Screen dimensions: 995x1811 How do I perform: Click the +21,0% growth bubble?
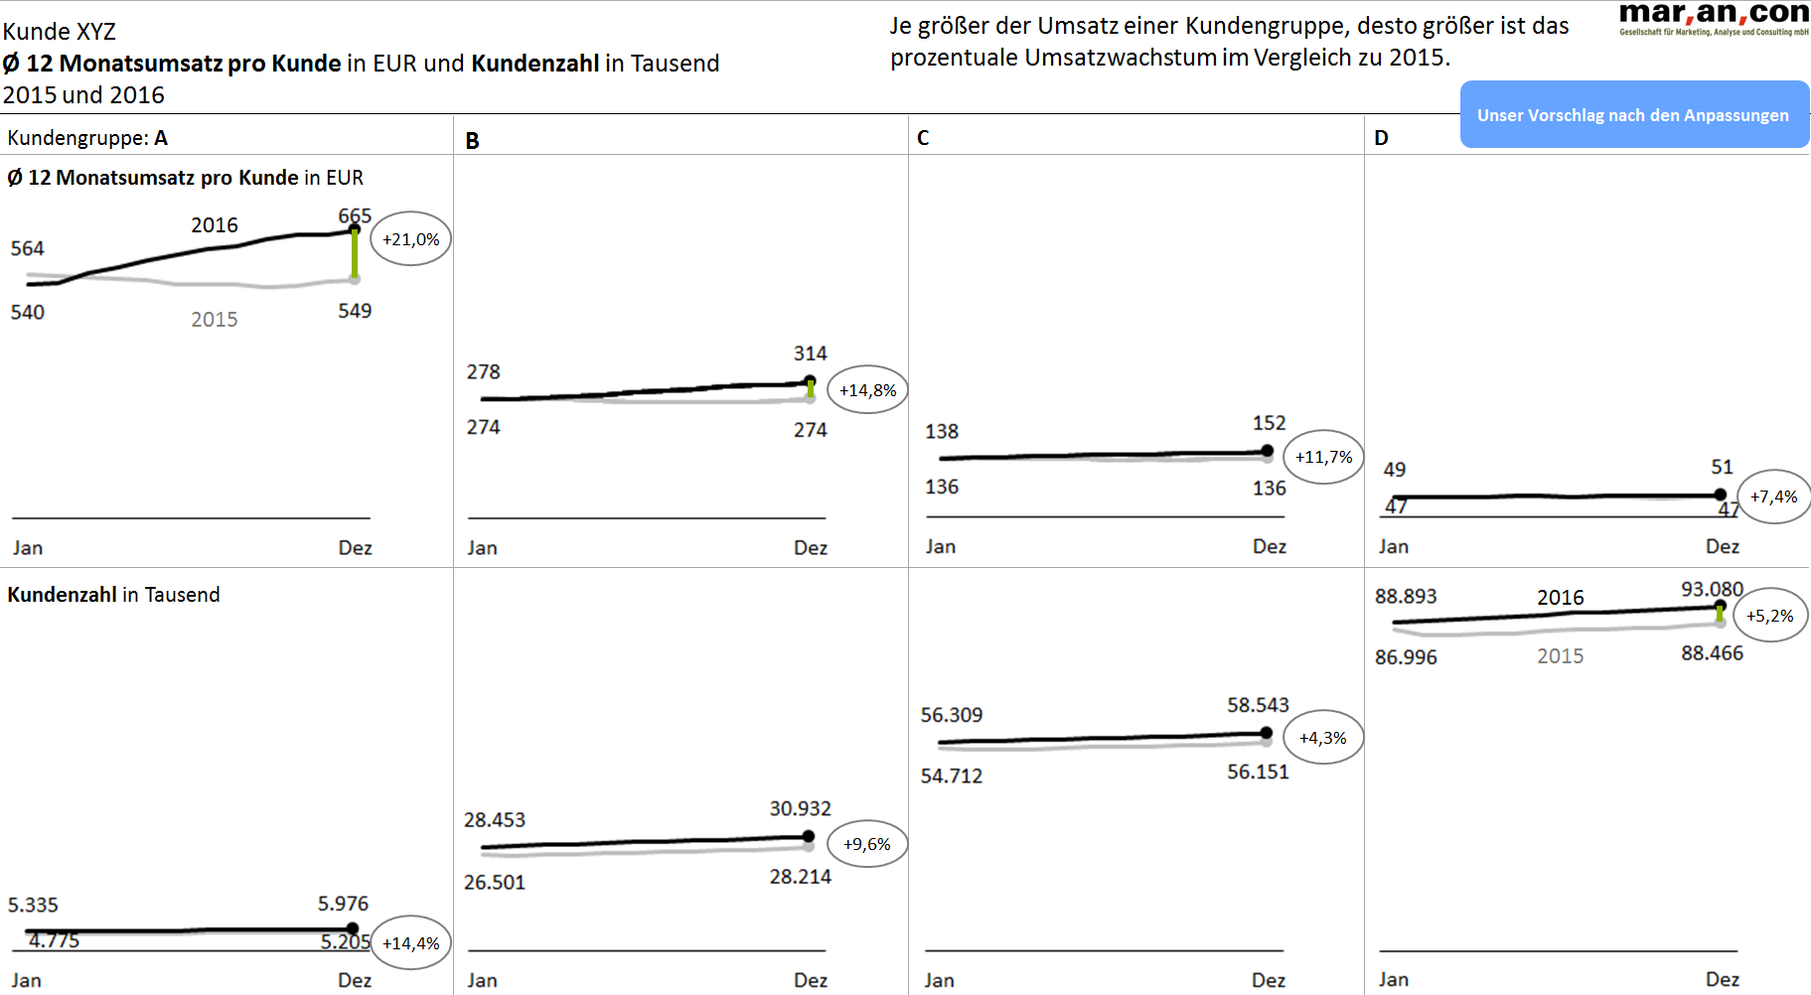tap(410, 239)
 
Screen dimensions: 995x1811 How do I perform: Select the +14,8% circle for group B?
tap(867, 390)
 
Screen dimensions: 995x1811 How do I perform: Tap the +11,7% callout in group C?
tap(1323, 457)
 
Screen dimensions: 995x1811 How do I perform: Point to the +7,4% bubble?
tap(1773, 497)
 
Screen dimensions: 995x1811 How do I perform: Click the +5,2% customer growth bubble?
tap(1769, 616)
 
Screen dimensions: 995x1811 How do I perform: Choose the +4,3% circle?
tap(1322, 738)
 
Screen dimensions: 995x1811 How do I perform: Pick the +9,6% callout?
tap(866, 844)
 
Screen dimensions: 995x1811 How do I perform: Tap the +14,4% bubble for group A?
tap(410, 943)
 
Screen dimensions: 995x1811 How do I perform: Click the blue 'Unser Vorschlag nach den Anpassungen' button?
tap(1633, 115)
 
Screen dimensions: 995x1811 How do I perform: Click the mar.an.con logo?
tap(1713, 17)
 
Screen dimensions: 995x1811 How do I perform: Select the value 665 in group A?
tap(355, 215)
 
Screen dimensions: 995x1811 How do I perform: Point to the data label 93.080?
tap(1712, 589)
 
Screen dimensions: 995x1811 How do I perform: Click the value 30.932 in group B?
tap(800, 808)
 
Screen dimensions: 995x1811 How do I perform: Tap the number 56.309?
tap(951, 715)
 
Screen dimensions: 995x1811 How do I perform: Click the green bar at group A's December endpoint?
tap(354, 255)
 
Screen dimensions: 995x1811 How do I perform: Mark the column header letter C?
tap(923, 138)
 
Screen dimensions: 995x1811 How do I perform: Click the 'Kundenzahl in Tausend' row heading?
tap(113, 595)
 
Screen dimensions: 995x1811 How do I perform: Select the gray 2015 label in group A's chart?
tap(215, 319)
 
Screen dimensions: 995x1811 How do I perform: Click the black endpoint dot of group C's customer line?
tap(1266, 733)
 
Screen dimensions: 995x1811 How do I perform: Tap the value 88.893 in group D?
tap(1406, 596)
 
